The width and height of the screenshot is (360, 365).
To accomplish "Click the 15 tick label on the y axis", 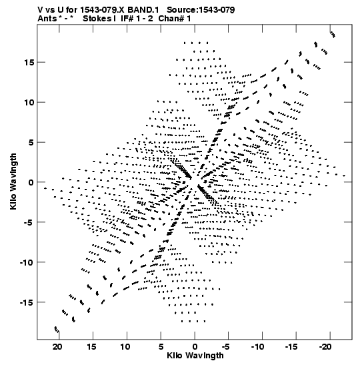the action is pyautogui.click(x=29, y=62).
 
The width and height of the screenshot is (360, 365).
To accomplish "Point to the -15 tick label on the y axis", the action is pyautogui.click(x=27, y=302).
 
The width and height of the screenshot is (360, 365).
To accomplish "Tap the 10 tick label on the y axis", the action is pyautogui.click(x=29, y=102).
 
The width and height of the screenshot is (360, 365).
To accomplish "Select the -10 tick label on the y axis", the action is pyautogui.click(x=27, y=262).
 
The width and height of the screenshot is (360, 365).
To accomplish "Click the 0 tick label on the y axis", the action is pyautogui.click(x=31, y=182).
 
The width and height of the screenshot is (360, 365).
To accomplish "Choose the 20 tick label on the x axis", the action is pyautogui.click(x=57, y=347).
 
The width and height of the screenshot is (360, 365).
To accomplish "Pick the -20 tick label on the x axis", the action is pyautogui.click(x=325, y=347).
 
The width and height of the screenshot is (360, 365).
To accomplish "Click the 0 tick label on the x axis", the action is pyautogui.click(x=195, y=347).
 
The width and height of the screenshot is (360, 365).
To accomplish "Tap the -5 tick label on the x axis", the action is pyautogui.click(x=226, y=347).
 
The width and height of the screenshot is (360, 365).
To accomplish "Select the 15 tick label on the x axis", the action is pyautogui.click(x=91, y=347).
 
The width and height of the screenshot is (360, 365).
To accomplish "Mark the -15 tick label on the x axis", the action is pyautogui.click(x=291, y=347).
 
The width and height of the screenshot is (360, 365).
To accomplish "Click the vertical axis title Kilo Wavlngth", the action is pyautogui.click(x=13, y=181).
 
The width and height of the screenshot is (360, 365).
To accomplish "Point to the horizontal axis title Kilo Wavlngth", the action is pyautogui.click(x=195, y=356).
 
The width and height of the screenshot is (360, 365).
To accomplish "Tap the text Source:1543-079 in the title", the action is pyautogui.click(x=201, y=10).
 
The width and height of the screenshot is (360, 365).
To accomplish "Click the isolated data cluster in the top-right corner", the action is pyautogui.click(x=333, y=35).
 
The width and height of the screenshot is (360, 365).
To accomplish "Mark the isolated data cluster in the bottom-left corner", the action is pyautogui.click(x=57, y=330).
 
